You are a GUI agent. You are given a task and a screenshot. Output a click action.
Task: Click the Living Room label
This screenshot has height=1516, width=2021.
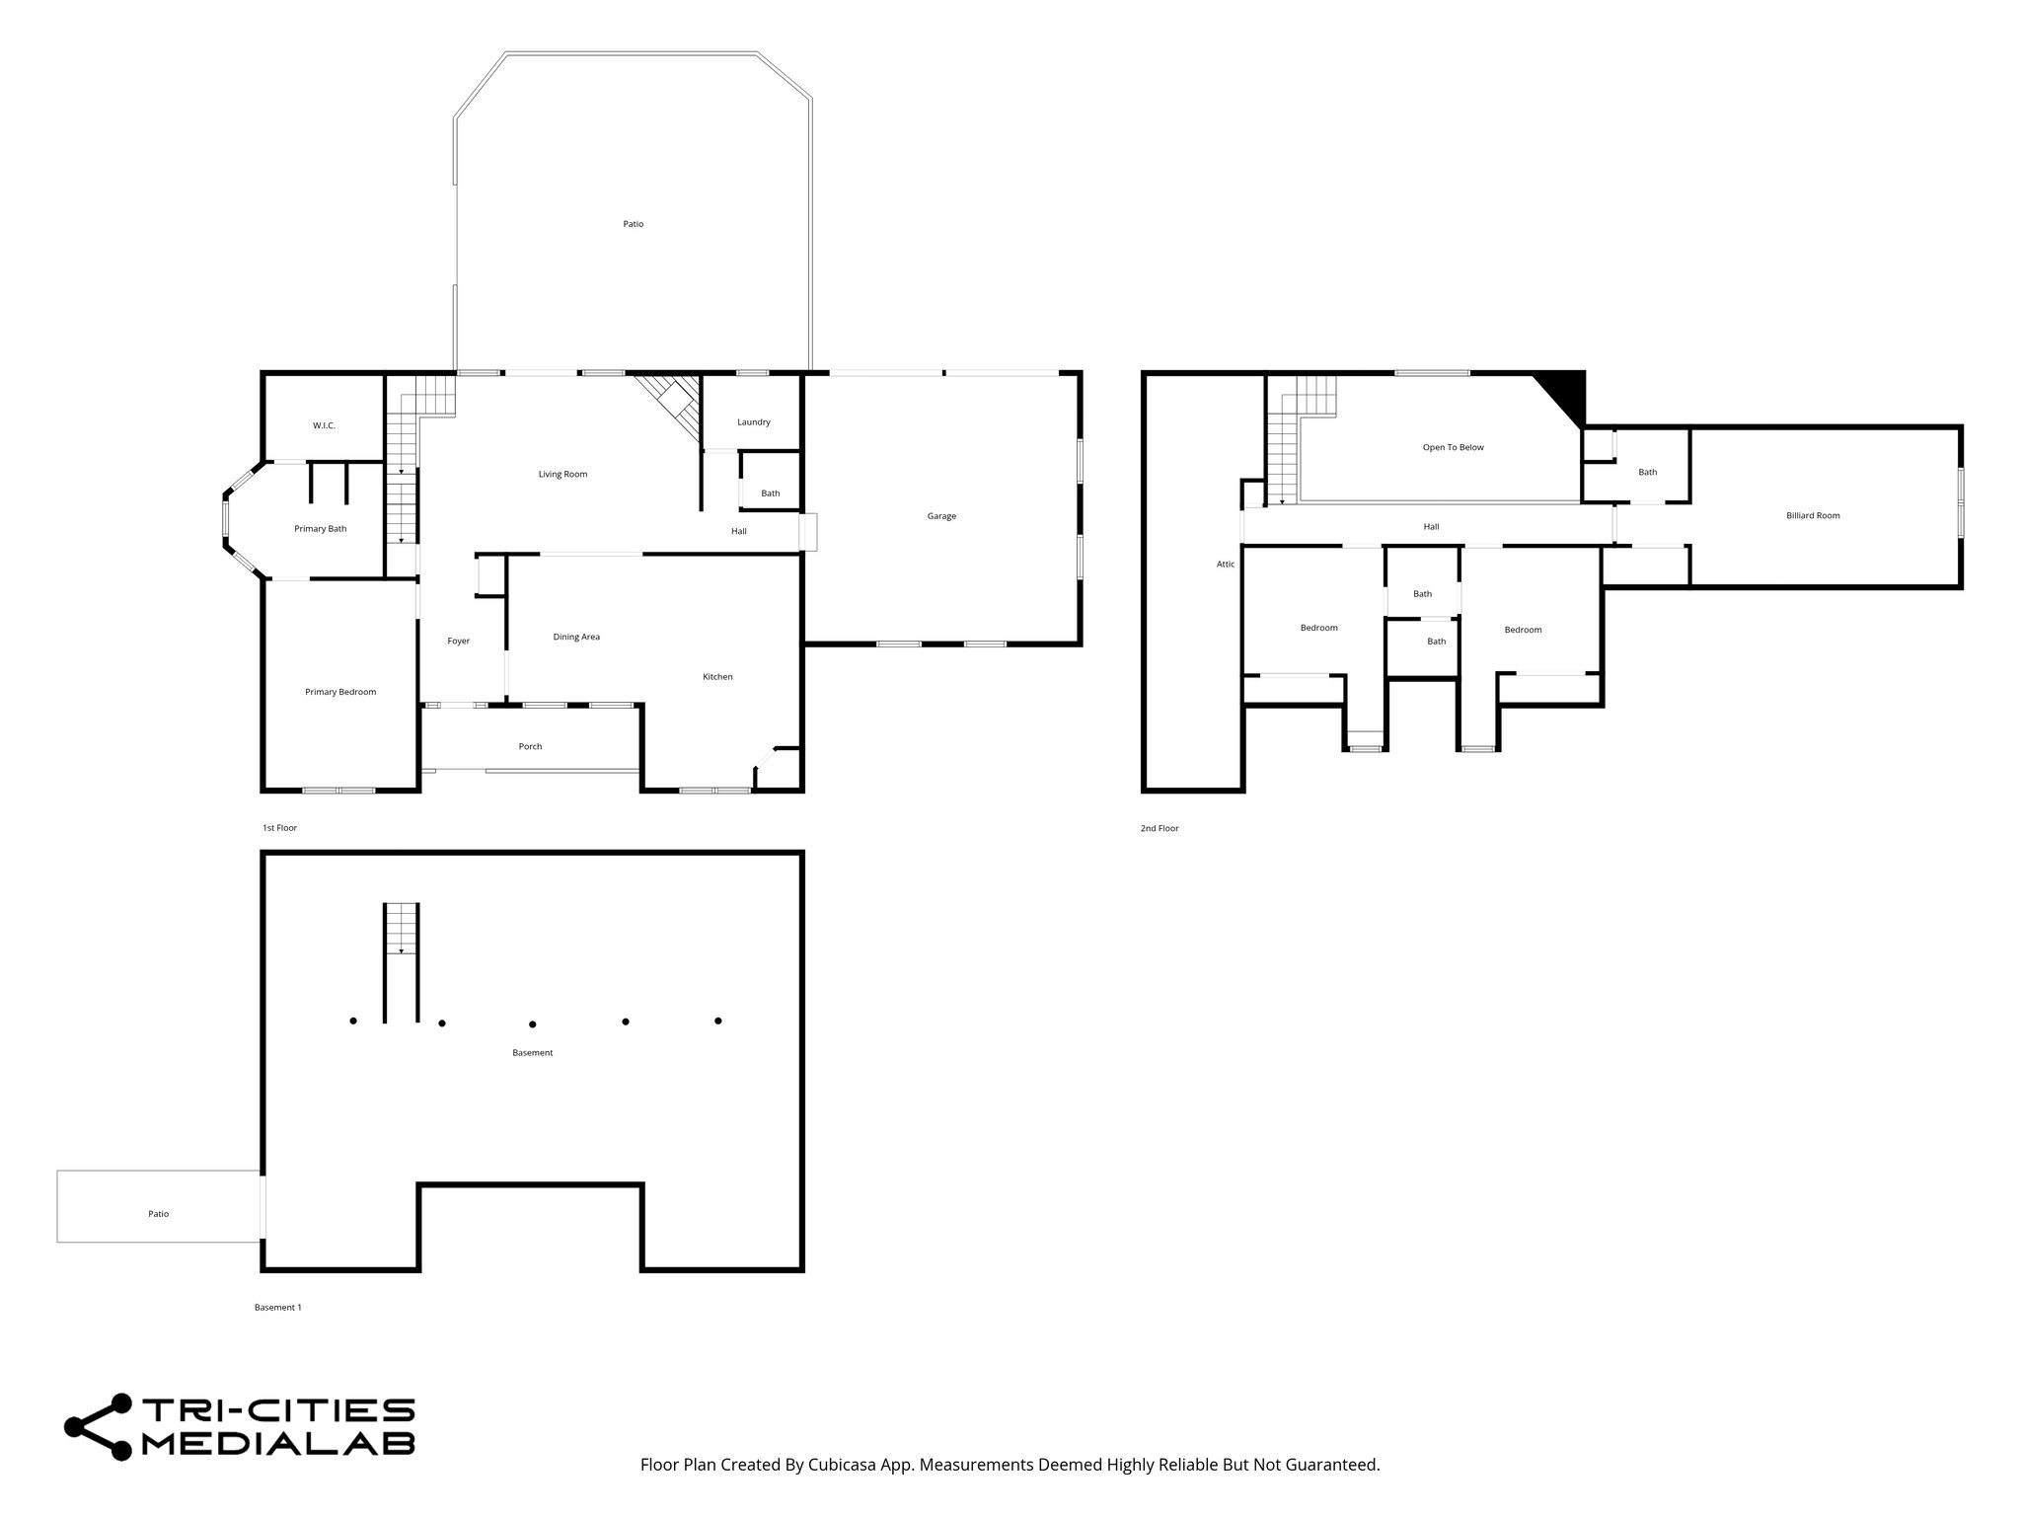(562, 475)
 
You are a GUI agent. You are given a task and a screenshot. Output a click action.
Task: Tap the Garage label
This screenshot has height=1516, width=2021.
(941, 516)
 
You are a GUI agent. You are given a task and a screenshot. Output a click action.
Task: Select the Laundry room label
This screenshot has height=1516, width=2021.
(753, 422)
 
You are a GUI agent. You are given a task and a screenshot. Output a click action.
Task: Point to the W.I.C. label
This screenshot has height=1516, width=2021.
(324, 425)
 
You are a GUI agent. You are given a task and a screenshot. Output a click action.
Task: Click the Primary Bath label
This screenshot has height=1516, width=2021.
(320, 529)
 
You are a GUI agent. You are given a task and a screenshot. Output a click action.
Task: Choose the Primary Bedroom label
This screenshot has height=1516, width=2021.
(340, 692)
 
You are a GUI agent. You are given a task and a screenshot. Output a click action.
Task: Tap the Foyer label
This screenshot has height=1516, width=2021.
(458, 642)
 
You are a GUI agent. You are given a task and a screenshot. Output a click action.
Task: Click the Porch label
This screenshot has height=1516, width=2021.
(530, 746)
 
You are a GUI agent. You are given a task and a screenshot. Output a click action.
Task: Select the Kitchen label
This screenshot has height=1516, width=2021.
(717, 677)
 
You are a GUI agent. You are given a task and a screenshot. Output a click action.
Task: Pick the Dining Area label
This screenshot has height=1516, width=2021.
(576, 638)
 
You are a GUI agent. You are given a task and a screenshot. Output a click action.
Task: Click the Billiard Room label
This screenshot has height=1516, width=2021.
(1813, 516)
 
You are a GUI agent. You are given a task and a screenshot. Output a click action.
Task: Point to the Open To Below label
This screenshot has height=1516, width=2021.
(1453, 448)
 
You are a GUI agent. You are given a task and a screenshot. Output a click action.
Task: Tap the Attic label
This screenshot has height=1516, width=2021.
(1225, 565)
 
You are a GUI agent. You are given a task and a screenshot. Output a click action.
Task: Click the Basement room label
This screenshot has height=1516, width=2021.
(532, 1053)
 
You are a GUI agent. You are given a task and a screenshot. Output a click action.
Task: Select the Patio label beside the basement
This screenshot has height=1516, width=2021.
(158, 1214)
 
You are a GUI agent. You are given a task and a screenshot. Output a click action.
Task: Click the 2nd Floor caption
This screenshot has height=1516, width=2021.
(1160, 829)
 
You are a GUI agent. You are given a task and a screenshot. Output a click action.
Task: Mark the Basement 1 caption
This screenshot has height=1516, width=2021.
(277, 1308)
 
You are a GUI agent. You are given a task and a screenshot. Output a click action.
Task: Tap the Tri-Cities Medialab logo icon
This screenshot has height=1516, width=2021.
(99, 1427)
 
